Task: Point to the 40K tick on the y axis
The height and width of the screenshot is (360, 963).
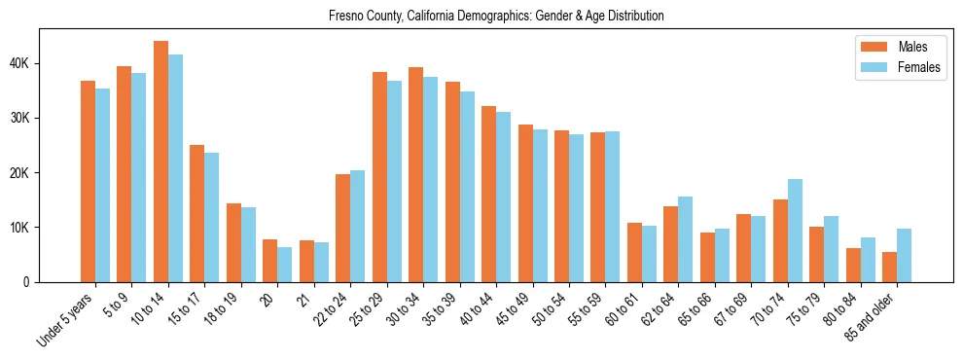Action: click(x=20, y=63)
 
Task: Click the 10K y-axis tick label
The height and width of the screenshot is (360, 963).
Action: click(x=20, y=228)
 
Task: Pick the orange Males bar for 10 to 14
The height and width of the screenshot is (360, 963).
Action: click(x=160, y=162)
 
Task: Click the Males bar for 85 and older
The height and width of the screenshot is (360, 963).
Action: click(x=890, y=267)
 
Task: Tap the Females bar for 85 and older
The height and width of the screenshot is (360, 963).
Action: click(x=905, y=255)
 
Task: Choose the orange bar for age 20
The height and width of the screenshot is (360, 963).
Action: click(x=269, y=261)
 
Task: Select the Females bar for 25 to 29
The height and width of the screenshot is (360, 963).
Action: click(x=394, y=181)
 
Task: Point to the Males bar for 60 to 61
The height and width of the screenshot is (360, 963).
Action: click(x=634, y=252)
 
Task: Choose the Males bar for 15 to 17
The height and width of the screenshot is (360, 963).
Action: click(x=196, y=213)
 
